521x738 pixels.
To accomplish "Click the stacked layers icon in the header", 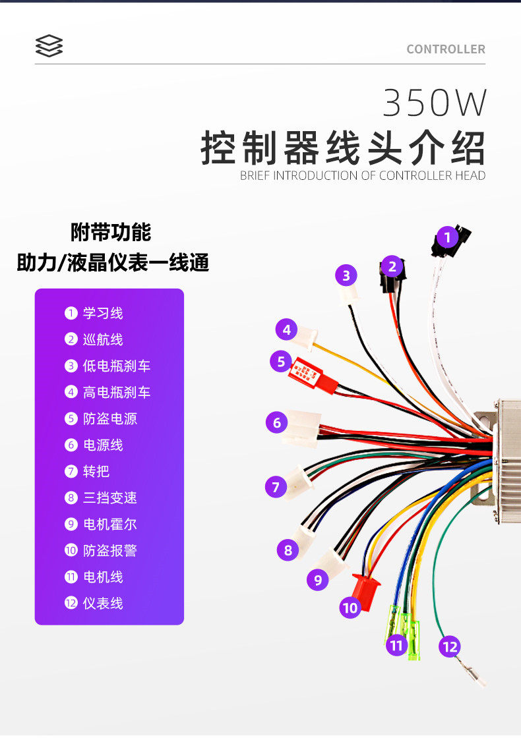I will click(49, 46).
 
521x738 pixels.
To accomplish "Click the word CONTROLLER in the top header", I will click(446, 49).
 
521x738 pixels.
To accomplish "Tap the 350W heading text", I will click(435, 103).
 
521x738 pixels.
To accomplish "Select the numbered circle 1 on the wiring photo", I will click(448, 237).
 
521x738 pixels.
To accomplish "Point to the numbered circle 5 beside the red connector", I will click(281, 362).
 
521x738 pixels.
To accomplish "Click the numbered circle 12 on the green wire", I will click(450, 646).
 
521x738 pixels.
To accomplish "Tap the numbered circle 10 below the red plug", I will click(350, 607).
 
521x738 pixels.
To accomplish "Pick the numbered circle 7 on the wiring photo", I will click(276, 487).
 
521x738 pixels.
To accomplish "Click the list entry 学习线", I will click(102, 313).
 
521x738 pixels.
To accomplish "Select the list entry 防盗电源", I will click(109, 418).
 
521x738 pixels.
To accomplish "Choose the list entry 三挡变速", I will click(109, 497).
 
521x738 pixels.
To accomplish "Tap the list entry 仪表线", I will click(102, 603).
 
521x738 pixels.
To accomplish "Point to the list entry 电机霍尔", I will click(109, 524).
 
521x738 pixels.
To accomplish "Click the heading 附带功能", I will click(111, 232).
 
